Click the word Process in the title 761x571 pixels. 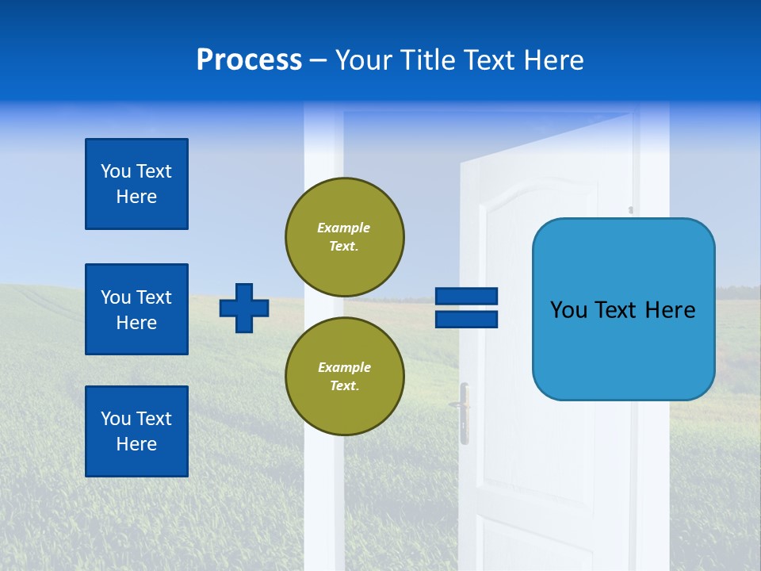coord(249,60)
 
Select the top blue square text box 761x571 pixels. coord(136,184)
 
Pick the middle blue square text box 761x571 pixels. coord(136,309)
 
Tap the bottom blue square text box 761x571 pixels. coord(136,431)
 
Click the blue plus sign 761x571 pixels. coord(244,308)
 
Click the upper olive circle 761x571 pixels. coord(344,236)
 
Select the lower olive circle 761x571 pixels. coord(344,376)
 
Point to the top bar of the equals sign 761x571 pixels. coord(466,297)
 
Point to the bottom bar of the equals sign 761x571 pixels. coord(466,319)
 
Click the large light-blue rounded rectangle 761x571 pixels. coord(623,309)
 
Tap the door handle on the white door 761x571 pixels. coord(462,408)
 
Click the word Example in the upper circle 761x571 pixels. coord(344,228)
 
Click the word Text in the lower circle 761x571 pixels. coord(344,386)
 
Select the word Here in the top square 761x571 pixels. coord(136,197)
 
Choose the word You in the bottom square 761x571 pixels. coord(115,419)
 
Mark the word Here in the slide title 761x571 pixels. coord(554,60)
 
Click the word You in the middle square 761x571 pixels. coord(115,297)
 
